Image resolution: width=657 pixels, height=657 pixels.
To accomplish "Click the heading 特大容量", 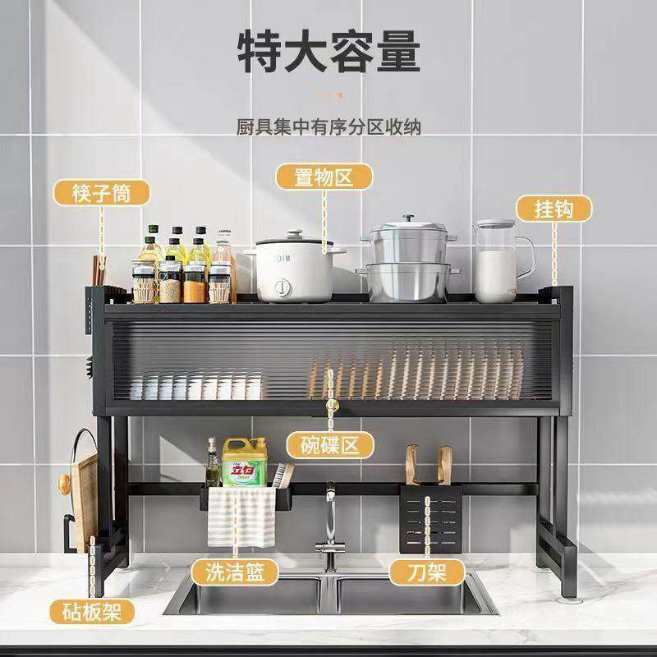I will (328, 51).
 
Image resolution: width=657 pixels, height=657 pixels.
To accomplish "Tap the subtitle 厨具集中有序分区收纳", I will (328, 128).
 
